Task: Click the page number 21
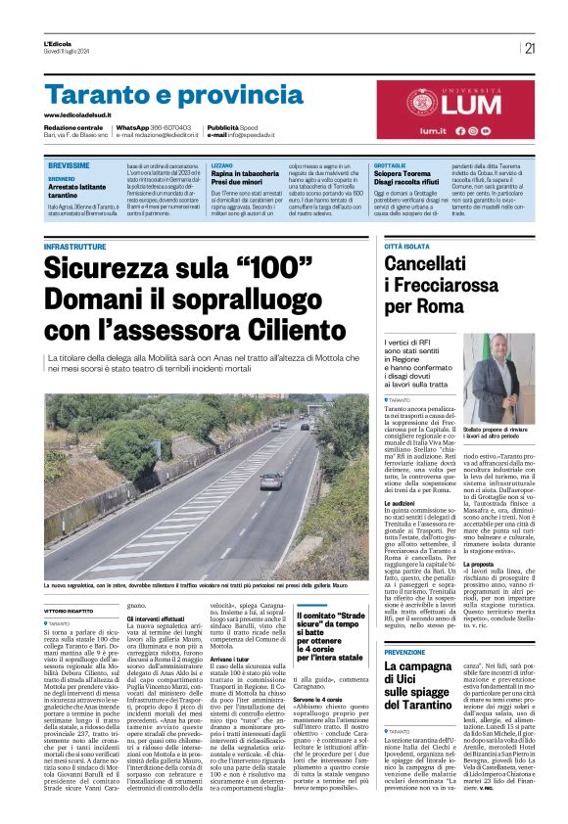[530, 48]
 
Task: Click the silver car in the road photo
[271, 481]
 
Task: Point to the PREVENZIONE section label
[405, 652]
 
